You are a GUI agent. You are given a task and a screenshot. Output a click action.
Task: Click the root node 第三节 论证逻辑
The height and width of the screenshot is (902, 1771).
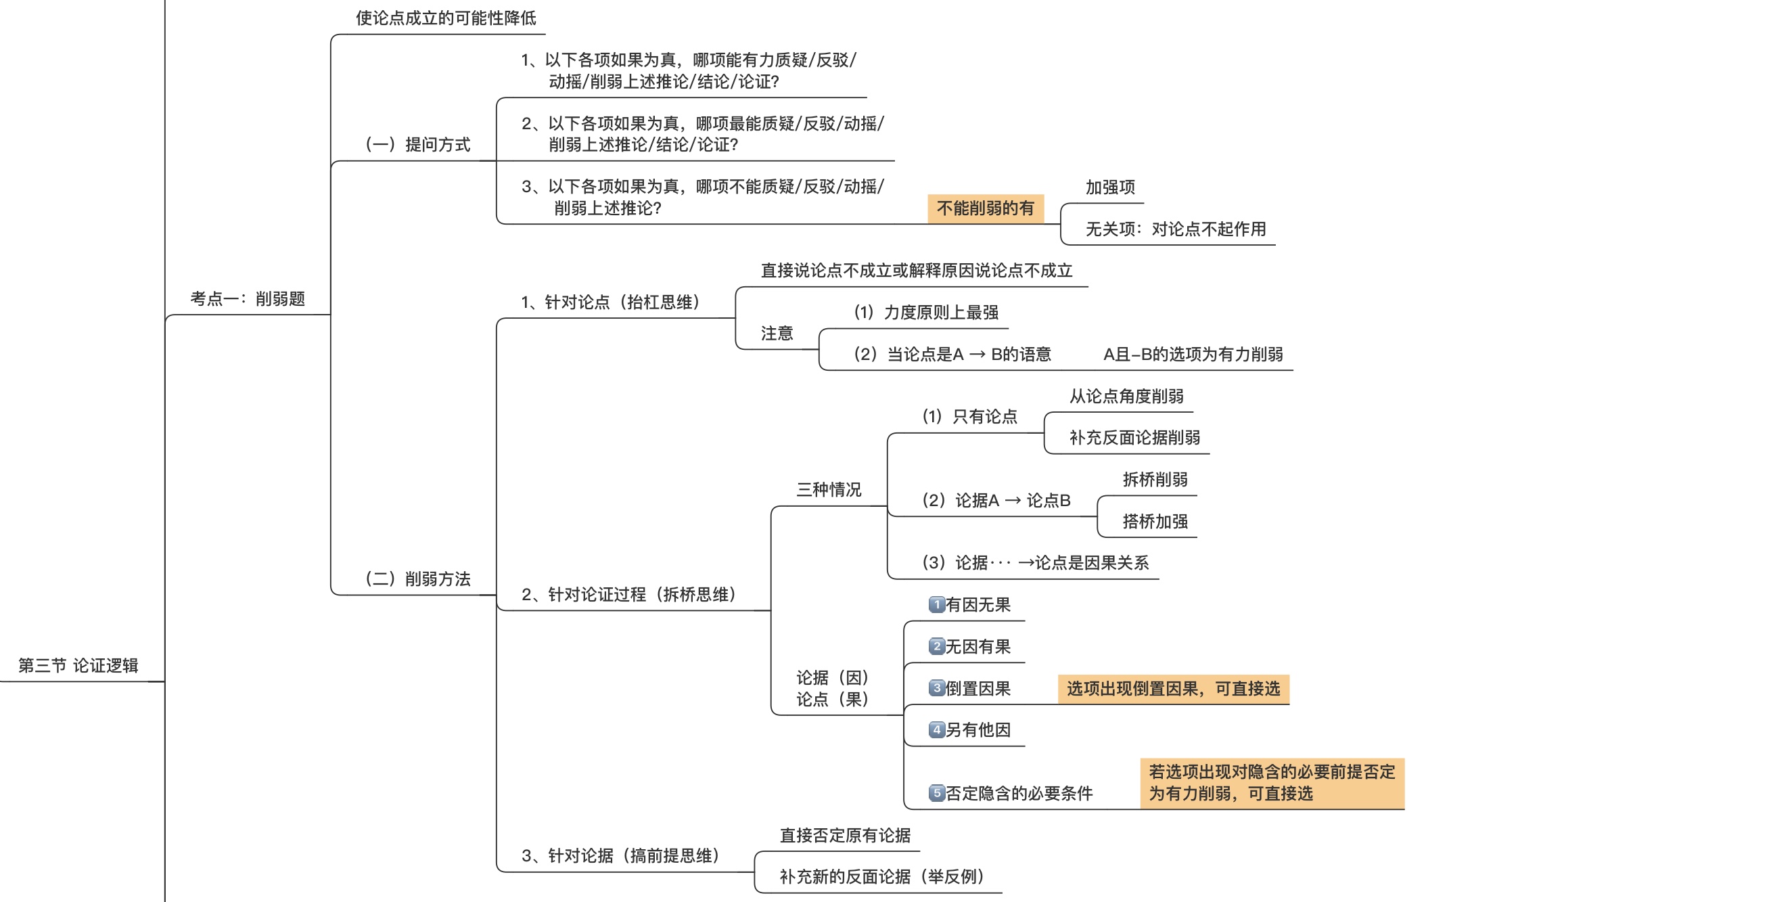78,664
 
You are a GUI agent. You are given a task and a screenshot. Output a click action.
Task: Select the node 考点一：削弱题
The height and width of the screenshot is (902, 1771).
248,298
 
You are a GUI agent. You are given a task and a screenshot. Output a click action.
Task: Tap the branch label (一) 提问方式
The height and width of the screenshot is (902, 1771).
417,144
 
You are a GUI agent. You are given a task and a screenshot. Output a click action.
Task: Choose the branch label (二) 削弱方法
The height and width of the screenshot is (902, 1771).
417,579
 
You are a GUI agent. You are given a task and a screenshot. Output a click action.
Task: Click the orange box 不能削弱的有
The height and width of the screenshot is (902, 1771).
985,208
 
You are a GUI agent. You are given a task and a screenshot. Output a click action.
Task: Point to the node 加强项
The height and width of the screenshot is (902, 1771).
1110,187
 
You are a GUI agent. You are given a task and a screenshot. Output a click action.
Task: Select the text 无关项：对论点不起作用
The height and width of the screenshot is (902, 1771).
1176,229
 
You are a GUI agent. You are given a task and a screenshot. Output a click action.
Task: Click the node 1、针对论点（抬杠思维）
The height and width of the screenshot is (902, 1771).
610,302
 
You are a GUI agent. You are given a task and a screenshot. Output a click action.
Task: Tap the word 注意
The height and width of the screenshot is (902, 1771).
777,334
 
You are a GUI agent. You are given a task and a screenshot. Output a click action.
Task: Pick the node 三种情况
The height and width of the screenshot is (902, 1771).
829,489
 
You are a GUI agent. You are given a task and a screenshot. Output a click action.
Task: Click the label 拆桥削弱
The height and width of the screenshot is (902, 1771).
1155,479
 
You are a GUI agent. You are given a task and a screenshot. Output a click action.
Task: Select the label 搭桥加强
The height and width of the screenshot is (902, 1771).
1155,521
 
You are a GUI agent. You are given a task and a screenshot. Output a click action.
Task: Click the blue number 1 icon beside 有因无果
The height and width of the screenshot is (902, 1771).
936,604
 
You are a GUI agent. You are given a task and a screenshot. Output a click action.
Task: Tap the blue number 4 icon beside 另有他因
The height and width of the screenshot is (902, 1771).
936,729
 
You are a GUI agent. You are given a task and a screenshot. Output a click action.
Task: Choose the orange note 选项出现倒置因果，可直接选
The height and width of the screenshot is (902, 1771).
1173,689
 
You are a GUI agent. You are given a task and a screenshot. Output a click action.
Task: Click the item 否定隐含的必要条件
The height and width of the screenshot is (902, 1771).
1019,793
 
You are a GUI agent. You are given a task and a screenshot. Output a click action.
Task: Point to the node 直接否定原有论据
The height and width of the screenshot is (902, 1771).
845,835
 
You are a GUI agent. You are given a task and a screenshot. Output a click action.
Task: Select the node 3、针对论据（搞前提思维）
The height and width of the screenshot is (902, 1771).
621,855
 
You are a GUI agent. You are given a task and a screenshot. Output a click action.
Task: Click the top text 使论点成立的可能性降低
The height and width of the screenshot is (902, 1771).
446,18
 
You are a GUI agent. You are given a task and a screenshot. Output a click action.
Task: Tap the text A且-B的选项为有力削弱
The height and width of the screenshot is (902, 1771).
1193,354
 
